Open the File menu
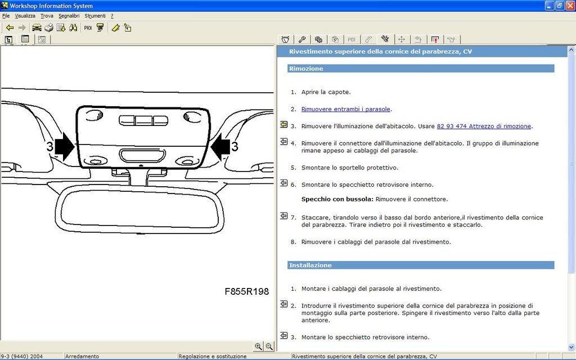pyautogui.click(x=6, y=16)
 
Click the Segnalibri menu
pyautogui.click(x=69, y=16)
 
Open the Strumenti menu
pyautogui.click(x=94, y=16)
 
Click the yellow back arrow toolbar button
pyautogui.click(x=10, y=28)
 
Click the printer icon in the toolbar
pyautogui.click(x=49, y=28)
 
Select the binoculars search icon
pyautogui.click(x=73, y=28)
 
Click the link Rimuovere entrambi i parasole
pyautogui.click(x=346, y=109)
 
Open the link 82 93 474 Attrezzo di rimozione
pyautogui.click(x=484, y=127)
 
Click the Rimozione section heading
pyautogui.click(x=306, y=69)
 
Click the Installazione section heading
pyautogui.click(x=310, y=265)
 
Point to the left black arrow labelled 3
pyautogui.click(x=65, y=147)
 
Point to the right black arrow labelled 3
pyautogui.click(x=220, y=147)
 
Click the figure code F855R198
pyautogui.click(x=247, y=292)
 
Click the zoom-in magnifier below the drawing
pyautogui.click(x=258, y=346)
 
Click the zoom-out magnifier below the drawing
pyautogui.click(x=269, y=346)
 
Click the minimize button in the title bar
pyautogui.click(x=550, y=6)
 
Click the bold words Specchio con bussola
pyautogui.click(x=337, y=200)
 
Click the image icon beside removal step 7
pyautogui.click(x=284, y=216)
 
